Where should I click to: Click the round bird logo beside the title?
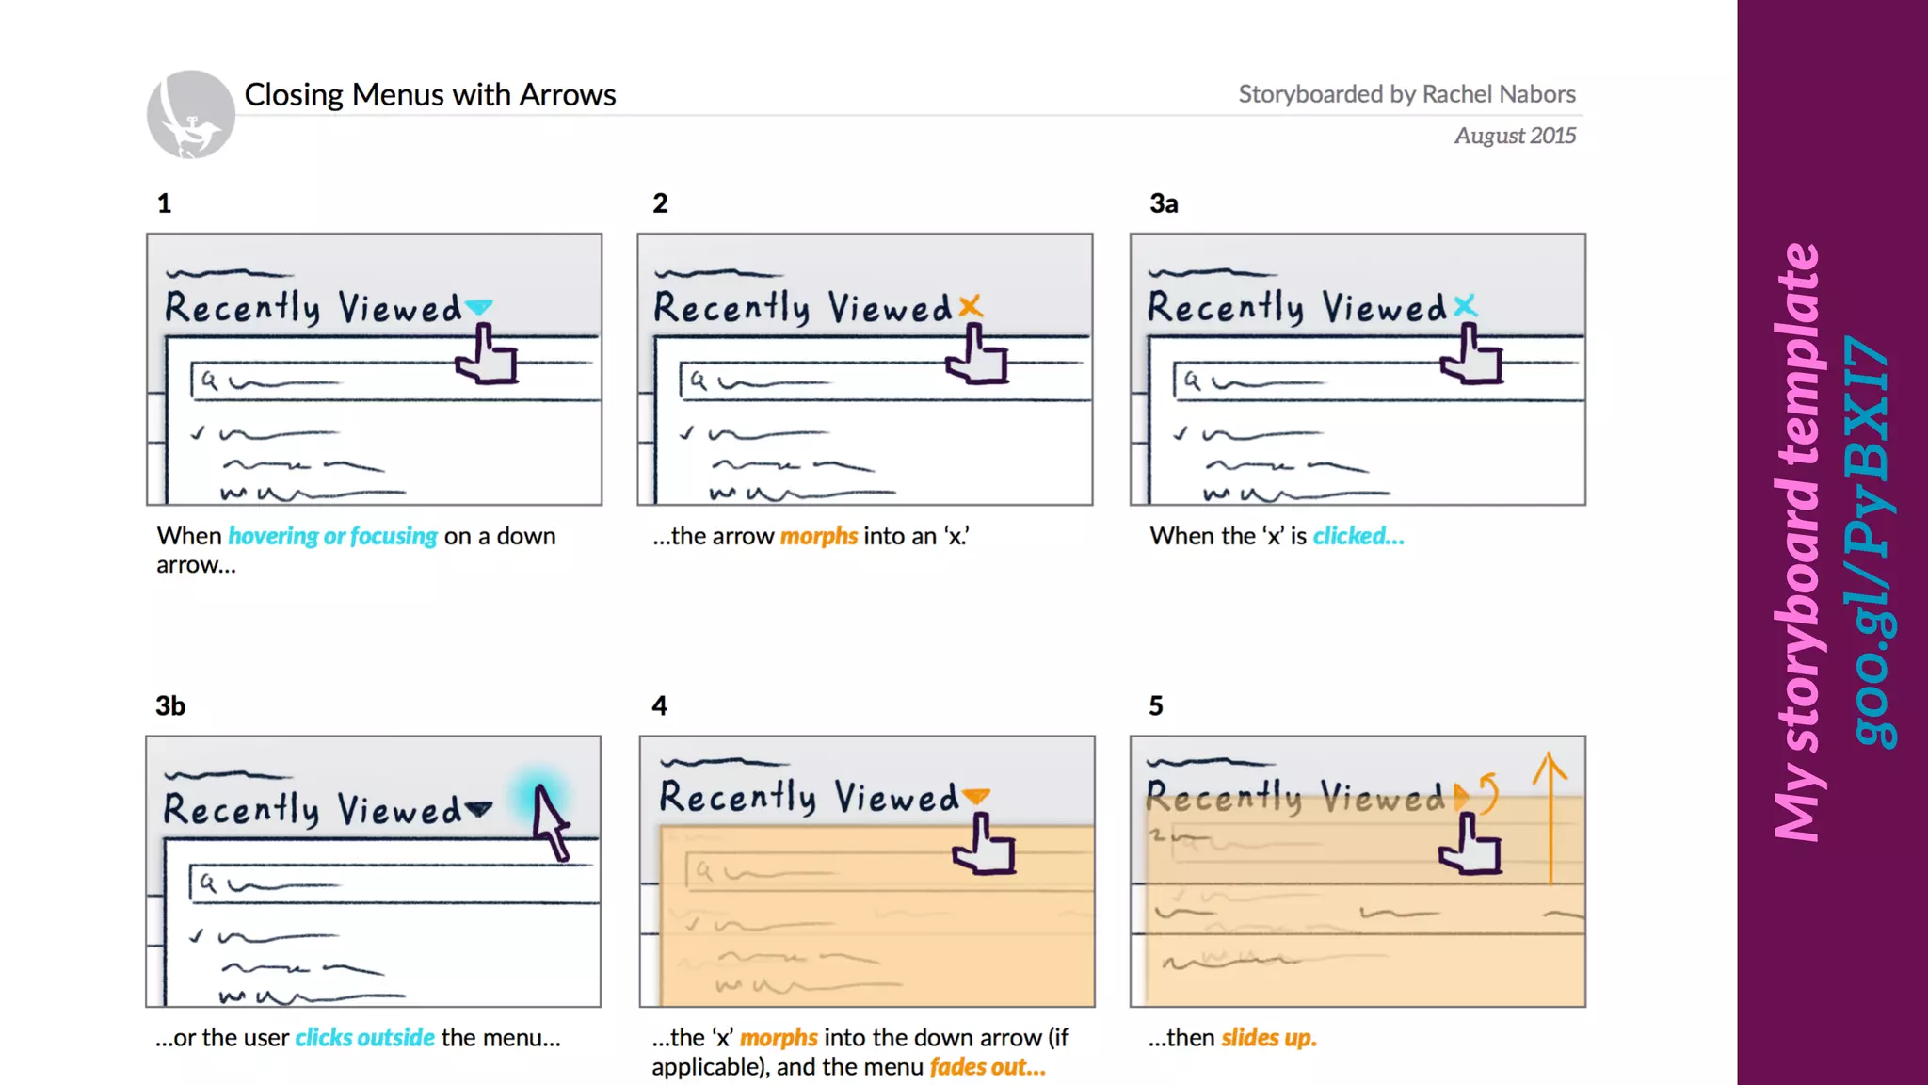coord(191,114)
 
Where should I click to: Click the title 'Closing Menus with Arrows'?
coord(429,95)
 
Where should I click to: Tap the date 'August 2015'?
coord(1514,136)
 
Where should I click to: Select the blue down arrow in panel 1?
coord(479,307)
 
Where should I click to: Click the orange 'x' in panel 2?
coord(971,306)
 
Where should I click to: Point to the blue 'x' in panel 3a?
coord(1464,306)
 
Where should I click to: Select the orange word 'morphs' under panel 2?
coord(818,536)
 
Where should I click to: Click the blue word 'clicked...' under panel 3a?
coord(1358,536)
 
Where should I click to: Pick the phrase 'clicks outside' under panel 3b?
coord(364,1038)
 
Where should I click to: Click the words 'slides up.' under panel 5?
coord(1268,1038)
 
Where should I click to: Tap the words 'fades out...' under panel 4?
coord(987,1067)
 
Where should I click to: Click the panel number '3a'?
coord(1163,203)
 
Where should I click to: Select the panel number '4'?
coord(659,705)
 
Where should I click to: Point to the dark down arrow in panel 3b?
coord(478,809)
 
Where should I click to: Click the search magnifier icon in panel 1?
coord(209,381)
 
